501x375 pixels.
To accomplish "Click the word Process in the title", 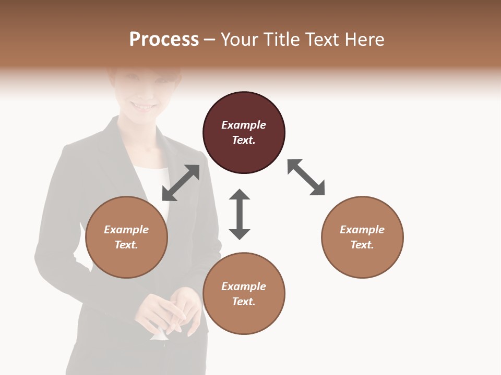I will pyautogui.click(x=164, y=40).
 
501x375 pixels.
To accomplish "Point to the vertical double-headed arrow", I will pyautogui.click(x=240, y=214).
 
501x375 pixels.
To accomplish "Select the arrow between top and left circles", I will pyautogui.click(x=181, y=183).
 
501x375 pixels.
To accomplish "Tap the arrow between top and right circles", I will pyautogui.click(x=306, y=177).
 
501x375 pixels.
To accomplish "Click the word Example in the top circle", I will pyautogui.click(x=244, y=125).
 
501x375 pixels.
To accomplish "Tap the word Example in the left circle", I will pyautogui.click(x=126, y=230).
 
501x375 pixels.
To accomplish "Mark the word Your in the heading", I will pyautogui.click(x=238, y=40).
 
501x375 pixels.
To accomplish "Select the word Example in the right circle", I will pyautogui.click(x=362, y=230).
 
